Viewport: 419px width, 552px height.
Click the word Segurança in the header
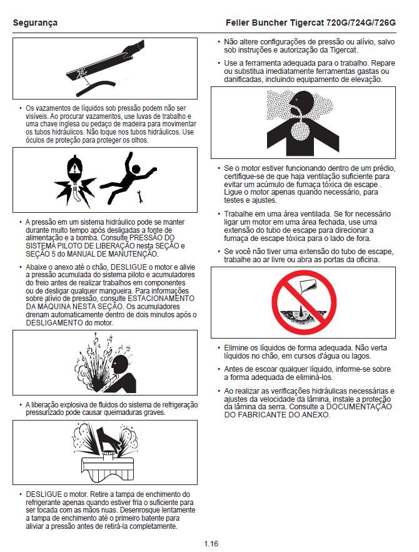point(35,23)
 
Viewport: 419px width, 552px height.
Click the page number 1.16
point(211,543)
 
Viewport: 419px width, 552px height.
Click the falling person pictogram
point(128,177)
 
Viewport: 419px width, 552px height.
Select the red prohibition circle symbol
point(304,302)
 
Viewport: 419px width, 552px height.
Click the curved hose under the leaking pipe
point(94,88)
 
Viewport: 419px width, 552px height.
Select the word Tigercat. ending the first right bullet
point(344,50)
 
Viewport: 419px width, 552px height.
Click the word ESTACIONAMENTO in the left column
point(161,299)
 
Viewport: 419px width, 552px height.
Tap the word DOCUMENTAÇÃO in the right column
point(359,407)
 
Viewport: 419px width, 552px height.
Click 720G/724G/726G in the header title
point(361,23)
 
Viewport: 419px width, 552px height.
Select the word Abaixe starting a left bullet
point(36,267)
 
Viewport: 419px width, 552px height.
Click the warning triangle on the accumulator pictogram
point(74,169)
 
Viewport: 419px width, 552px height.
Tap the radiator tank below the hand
point(108,466)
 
